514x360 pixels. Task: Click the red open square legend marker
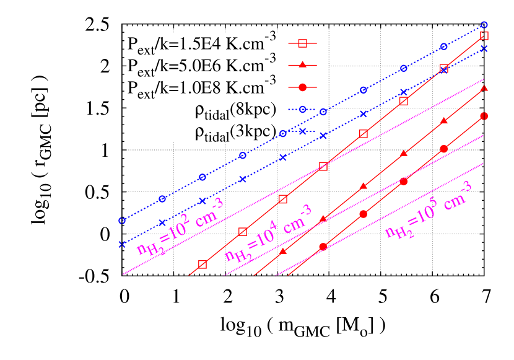coord(302,43)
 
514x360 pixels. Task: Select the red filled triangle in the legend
coord(302,65)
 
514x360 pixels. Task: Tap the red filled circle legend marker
coord(302,87)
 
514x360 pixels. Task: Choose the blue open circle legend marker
coord(302,109)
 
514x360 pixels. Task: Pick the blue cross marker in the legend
coord(302,131)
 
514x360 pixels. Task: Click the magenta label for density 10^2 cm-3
coord(180,227)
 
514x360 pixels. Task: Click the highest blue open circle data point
coord(484,25)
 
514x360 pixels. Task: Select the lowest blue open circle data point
coord(122,221)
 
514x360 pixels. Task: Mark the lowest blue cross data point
coord(122,244)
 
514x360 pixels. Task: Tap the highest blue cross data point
coord(484,48)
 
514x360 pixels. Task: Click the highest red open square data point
coord(484,35)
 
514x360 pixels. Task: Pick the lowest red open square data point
coord(202,265)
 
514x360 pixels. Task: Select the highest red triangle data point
coord(484,88)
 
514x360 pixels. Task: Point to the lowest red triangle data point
coord(283,252)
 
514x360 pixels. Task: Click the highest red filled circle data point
coord(484,116)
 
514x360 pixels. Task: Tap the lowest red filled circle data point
coord(323,247)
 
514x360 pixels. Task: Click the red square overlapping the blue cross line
coord(443,68)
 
